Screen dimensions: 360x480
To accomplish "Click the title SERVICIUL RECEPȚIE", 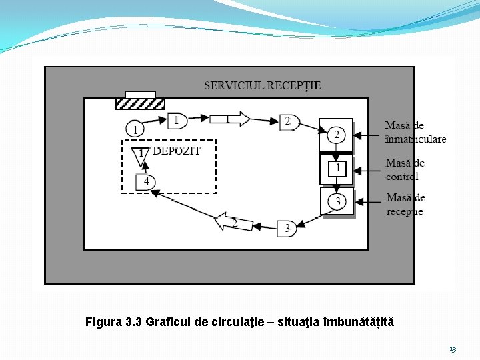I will click(262, 85).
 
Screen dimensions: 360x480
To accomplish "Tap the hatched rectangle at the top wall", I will click(140, 103).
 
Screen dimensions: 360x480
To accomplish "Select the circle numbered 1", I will click(135, 129).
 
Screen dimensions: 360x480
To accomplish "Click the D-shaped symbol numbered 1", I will click(177, 120).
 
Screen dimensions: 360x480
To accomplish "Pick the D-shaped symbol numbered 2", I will click(289, 121).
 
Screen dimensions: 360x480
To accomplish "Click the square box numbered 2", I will click(336, 135).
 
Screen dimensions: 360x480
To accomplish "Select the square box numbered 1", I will click(337, 169).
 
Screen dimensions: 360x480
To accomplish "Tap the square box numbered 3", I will click(337, 201).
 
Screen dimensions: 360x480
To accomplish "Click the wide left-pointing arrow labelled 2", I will click(233, 223).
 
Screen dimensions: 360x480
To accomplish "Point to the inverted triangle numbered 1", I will click(141, 155).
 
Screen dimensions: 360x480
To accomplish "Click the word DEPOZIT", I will click(177, 151).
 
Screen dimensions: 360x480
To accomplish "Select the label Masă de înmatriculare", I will click(415, 132).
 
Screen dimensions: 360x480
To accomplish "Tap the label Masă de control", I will click(405, 169).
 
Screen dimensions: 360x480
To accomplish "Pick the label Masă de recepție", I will click(405, 204).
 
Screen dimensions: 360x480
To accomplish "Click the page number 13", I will click(453, 349).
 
